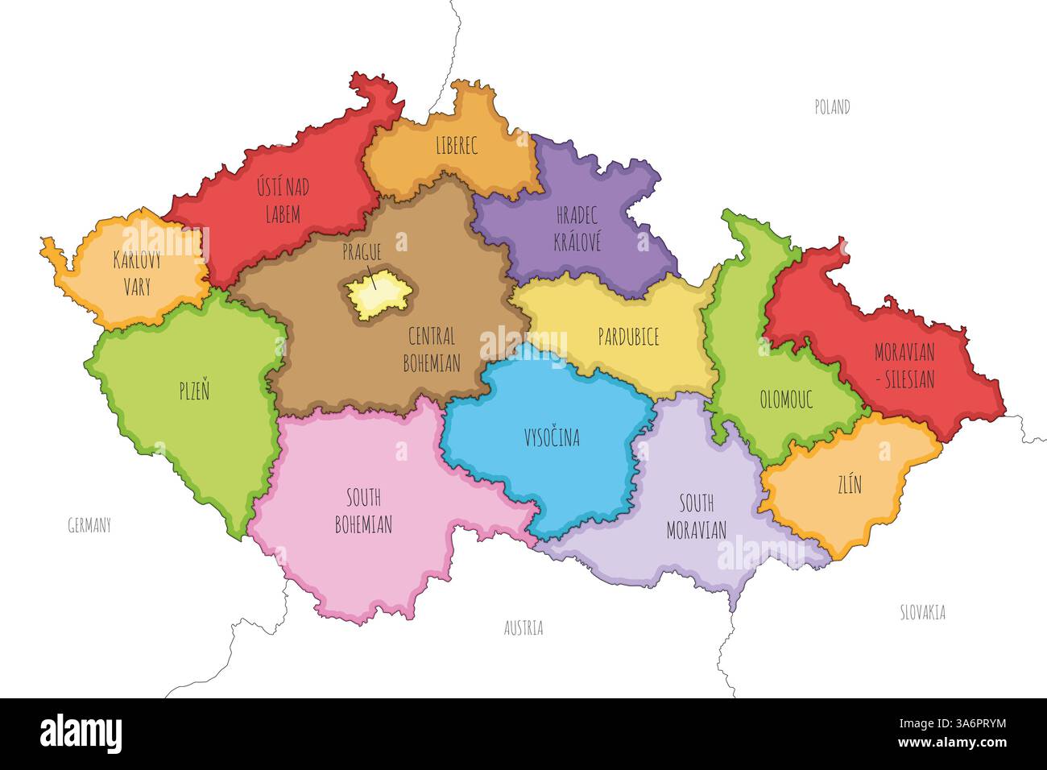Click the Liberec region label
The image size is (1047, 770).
coord(457,146)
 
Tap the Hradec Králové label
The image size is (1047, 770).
coord(577,229)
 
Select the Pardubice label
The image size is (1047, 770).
coord(628,337)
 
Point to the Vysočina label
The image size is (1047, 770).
coord(552,437)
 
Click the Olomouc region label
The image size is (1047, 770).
coord(786,399)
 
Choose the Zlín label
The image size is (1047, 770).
coord(849,484)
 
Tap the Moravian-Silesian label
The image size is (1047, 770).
coord(904,366)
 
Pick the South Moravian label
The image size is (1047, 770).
coord(696,516)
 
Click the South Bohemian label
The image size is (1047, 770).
coord(363,511)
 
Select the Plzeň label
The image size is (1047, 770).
coord(194,391)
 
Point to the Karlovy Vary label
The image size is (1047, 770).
coord(137,273)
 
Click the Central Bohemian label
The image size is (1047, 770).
coord(432,350)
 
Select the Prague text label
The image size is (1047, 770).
coord(362,252)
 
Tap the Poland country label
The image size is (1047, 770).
coord(832,107)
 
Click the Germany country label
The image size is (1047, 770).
coord(89,526)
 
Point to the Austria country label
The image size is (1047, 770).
coord(523,628)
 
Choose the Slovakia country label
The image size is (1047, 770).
coord(922,612)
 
